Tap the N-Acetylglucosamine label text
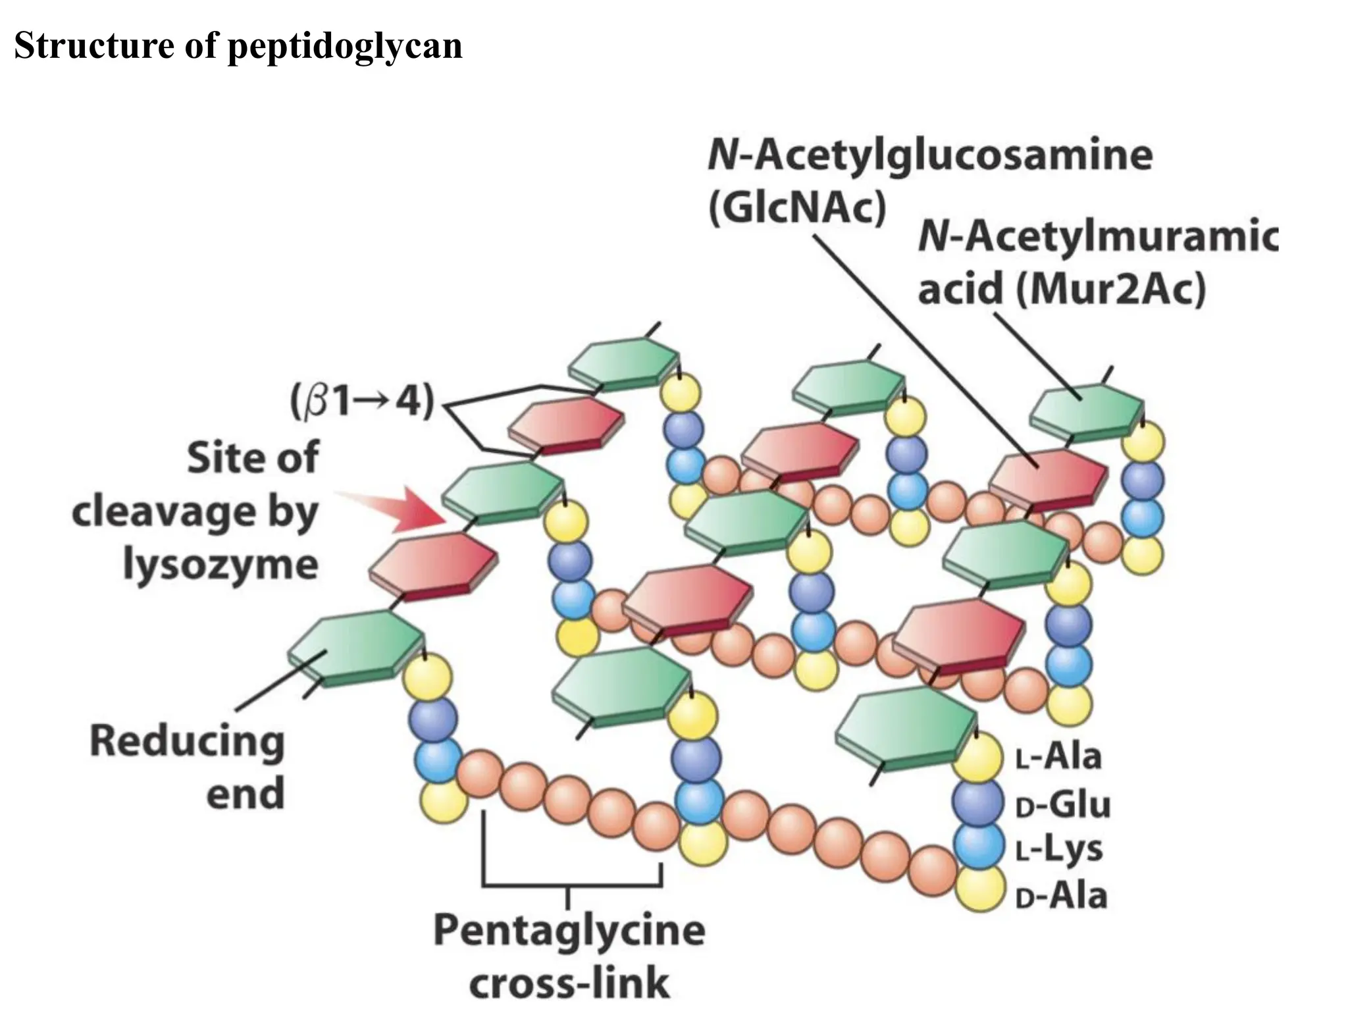pyautogui.click(x=930, y=155)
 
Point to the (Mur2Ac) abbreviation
pyautogui.click(x=1111, y=290)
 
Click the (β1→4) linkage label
pyautogui.click(x=363, y=401)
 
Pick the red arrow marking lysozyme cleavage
pyautogui.click(x=402, y=509)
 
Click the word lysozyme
pyautogui.click(x=221, y=565)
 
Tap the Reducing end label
pyautogui.click(x=188, y=766)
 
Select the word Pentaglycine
pyautogui.click(x=569, y=930)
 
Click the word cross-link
pyautogui.click(x=569, y=983)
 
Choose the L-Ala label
pyautogui.click(x=1058, y=756)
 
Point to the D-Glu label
pyautogui.click(x=1062, y=804)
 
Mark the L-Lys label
pyautogui.click(x=1058, y=849)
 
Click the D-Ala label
pyautogui.click(x=1061, y=896)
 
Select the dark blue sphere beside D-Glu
pyautogui.click(x=978, y=802)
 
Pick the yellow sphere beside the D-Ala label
pyautogui.click(x=981, y=889)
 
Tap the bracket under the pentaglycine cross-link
pyautogui.click(x=571, y=883)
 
